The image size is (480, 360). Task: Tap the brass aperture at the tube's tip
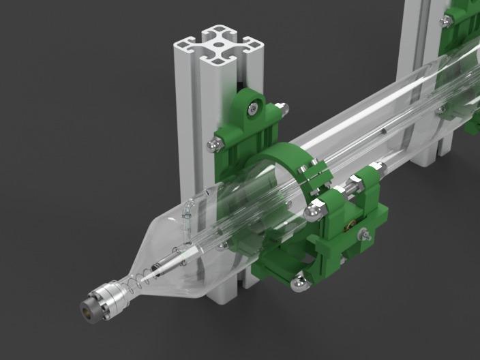pyautogui.click(x=87, y=307)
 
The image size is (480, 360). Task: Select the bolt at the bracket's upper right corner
pyautogui.click(x=280, y=106)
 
